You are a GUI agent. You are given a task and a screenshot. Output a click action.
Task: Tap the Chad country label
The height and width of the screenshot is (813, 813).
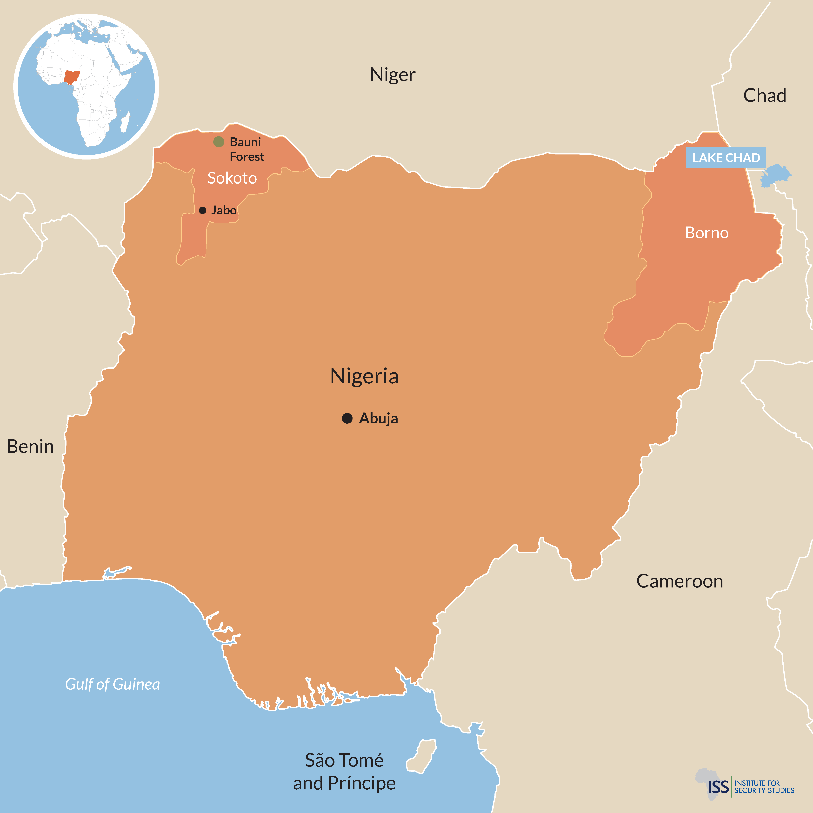click(765, 95)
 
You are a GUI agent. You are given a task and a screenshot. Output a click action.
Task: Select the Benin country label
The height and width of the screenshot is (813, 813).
click(30, 446)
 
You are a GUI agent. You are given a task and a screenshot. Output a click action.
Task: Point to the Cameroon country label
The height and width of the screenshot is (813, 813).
click(680, 581)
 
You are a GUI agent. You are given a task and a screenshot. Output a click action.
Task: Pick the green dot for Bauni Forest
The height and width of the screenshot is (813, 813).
click(218, 142)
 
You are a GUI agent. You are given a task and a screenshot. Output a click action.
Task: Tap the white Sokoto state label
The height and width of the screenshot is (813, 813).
click(232, 178)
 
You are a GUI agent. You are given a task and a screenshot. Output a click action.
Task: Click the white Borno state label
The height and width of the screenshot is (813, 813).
click(706, 233)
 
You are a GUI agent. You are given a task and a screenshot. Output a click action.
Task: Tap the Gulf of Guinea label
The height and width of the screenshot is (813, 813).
click(112, 684)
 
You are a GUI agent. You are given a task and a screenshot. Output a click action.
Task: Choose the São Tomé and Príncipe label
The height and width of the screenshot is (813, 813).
click(344, 772)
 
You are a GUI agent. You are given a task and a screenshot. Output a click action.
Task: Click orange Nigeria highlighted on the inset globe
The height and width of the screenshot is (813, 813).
click(72, 77)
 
